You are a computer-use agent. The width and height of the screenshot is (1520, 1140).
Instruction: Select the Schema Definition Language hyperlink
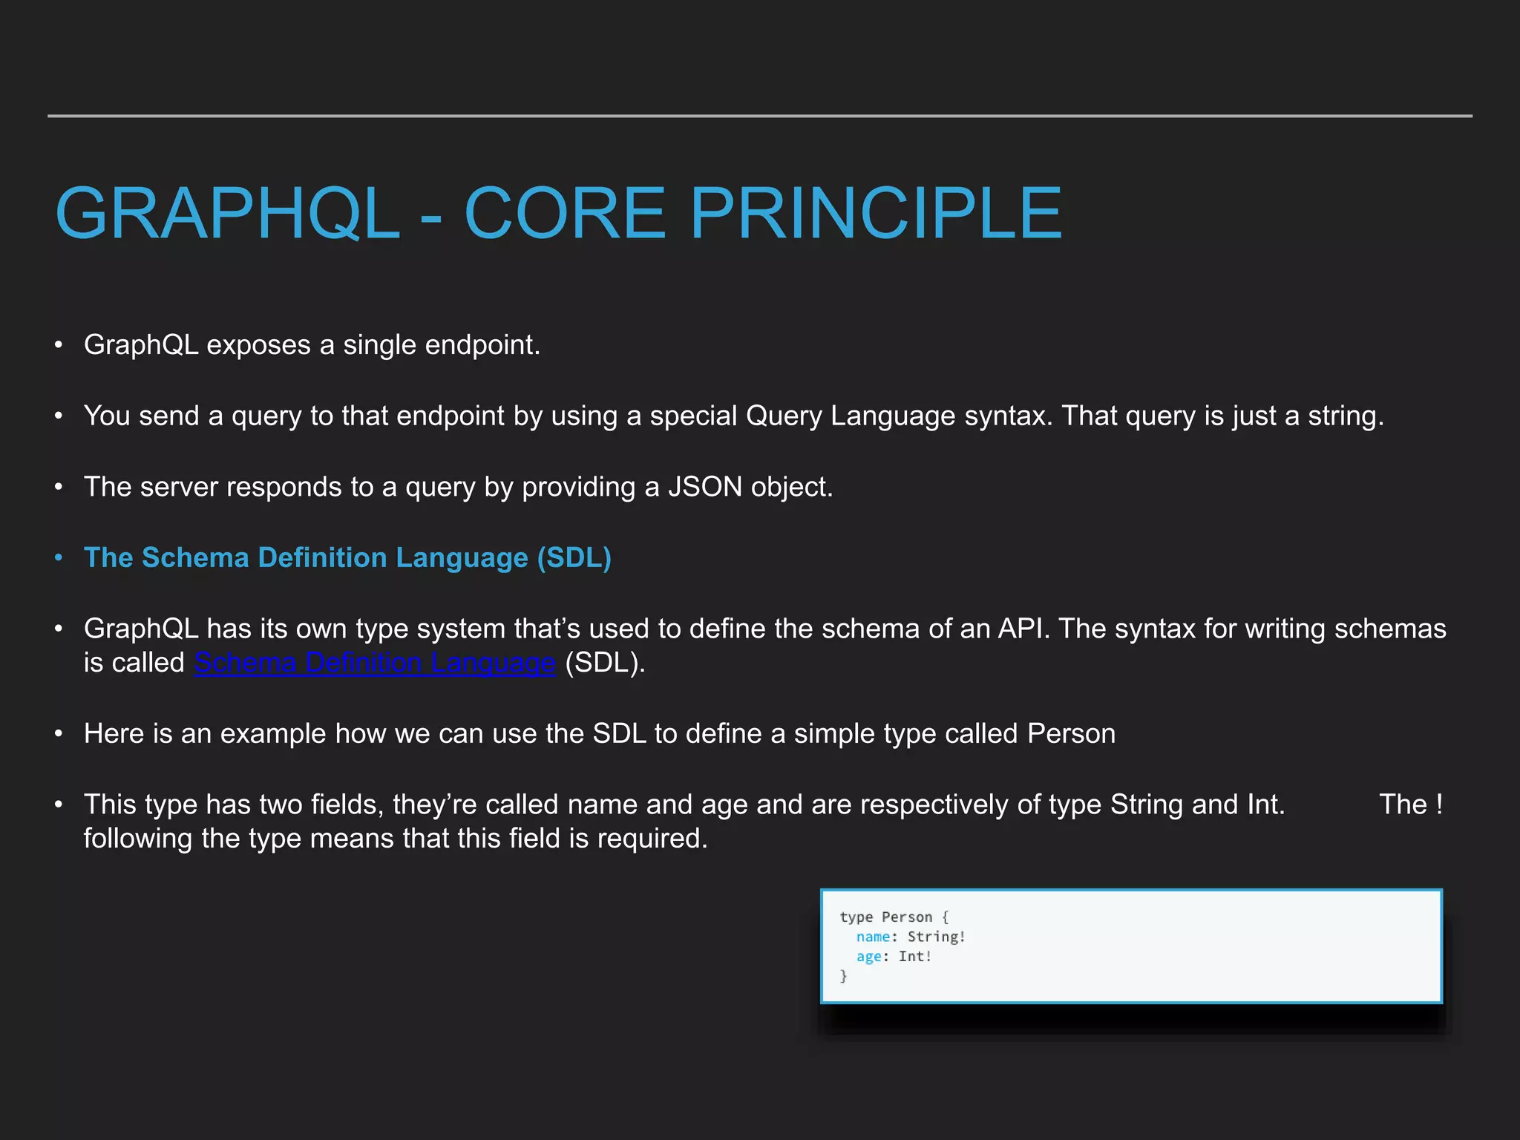tap(374, 663)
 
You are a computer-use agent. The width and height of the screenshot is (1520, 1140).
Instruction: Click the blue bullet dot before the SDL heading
tap(59, 557)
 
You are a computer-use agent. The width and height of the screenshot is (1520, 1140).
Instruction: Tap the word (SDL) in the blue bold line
tap(574, 557)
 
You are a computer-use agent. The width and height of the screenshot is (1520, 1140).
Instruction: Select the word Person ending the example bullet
tap(1071, 733)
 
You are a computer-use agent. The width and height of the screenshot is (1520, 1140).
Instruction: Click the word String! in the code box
tap(936, 937)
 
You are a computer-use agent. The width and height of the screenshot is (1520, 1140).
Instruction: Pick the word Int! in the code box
tap(914, 957)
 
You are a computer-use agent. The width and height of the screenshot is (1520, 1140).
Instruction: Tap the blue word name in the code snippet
tap(873, 937)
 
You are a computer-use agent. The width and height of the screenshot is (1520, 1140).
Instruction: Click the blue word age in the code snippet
tap(868, 957)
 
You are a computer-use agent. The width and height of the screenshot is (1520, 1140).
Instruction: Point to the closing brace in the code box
tap(844, 976)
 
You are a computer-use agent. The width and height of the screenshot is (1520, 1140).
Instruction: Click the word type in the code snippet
tap(856, 917)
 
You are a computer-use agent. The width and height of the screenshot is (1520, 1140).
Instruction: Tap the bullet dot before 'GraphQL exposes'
tap(59, 345)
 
